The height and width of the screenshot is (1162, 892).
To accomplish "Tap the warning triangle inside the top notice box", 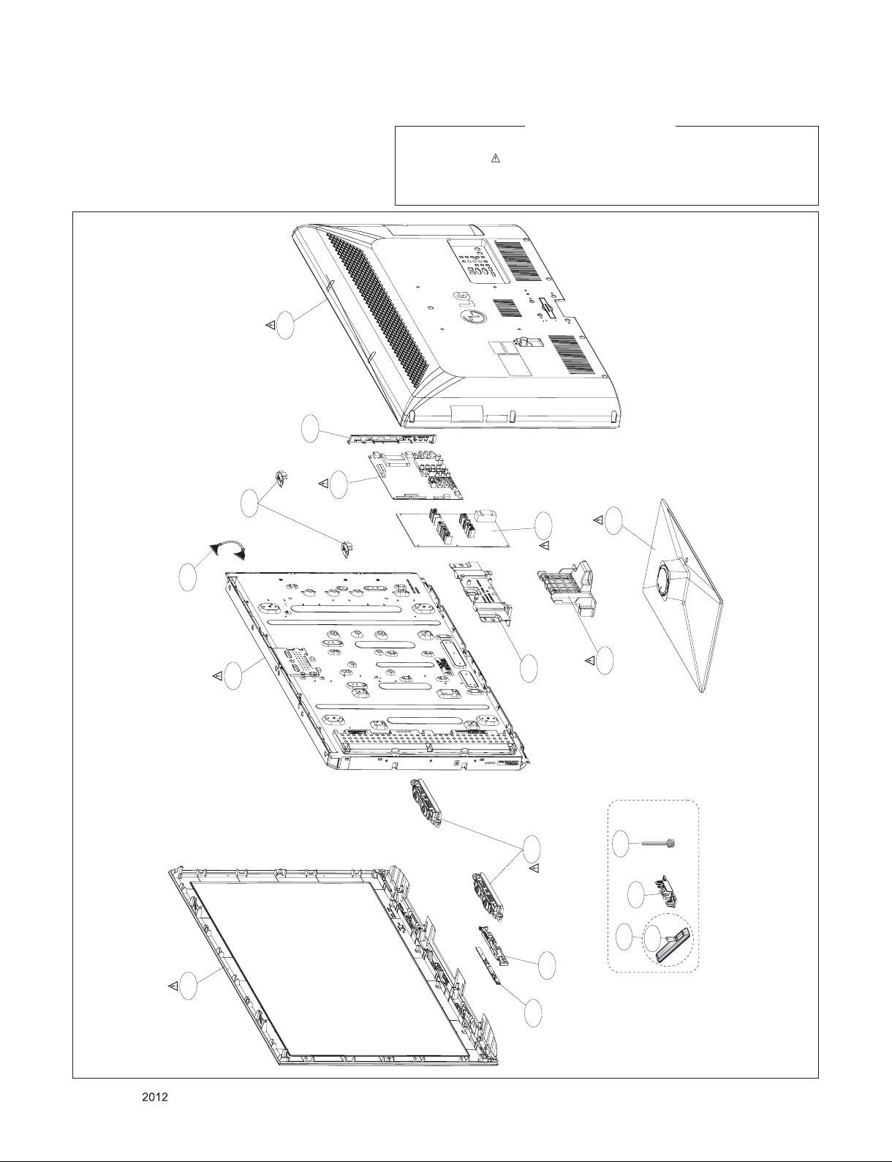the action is coord(494,158).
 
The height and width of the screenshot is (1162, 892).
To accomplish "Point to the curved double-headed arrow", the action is coord(227,550).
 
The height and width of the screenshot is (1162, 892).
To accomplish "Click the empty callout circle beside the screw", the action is coord(621,844).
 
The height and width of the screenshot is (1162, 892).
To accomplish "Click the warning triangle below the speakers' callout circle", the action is coord(534,868).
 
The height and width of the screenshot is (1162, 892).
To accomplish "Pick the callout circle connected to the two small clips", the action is coord(249,503).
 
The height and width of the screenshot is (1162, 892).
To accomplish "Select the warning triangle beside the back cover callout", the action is coord(270,325).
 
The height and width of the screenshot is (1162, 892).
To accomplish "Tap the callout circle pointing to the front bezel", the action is coord(189,986).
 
